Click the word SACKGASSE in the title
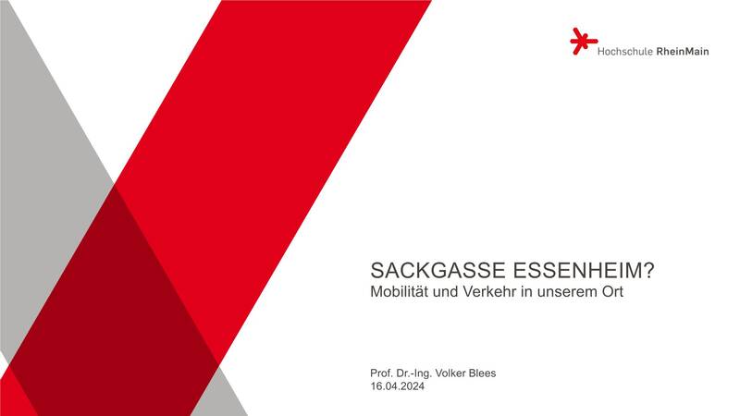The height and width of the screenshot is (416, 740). tap(438, 271)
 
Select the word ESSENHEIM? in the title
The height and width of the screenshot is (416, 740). tap(584, 271)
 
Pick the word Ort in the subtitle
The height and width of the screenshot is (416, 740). tap(612, 291)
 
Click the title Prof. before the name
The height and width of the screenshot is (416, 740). tap(381, 373)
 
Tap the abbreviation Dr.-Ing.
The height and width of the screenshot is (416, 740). tap(413, 374)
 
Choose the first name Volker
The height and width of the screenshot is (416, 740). tap(450, 373)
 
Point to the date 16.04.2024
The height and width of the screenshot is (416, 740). tap(398, 386)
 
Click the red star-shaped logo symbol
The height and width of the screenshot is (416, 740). tap(584, 41)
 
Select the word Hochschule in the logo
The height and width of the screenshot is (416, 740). tap(625, 52)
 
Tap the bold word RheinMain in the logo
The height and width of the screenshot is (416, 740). tap(683, 52)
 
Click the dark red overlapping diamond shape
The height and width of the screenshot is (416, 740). tap(113, 302)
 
